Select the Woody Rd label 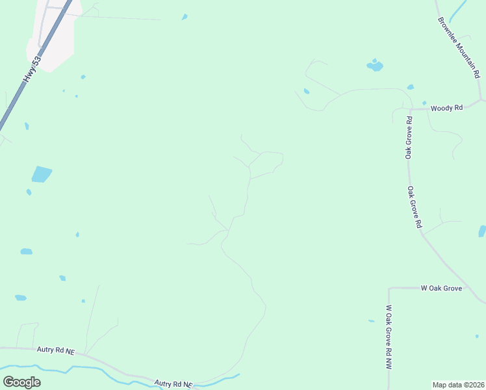pyautogui.click(x=446, y=108)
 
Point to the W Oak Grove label pyautogui.click(x=441, y=287)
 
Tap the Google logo pyautogui.click(x=21, y=382)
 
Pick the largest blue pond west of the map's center pyautogui.click(x=41, y=174)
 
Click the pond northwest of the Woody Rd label pyautogui.click(x=375, y=66)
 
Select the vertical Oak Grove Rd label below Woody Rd pyautogui.click(x=409, y=138)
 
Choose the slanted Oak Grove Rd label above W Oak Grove pyautogui.click(x=415, y=207)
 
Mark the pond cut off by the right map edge pyautogui.click(x=482, y=231)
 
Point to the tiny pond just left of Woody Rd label pyautogui.click(x=424, y=103)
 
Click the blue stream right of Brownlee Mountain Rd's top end pyautogui.click(x=457, y=11)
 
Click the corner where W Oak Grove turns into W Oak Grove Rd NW pyautogui.click(x=389, y=288)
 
